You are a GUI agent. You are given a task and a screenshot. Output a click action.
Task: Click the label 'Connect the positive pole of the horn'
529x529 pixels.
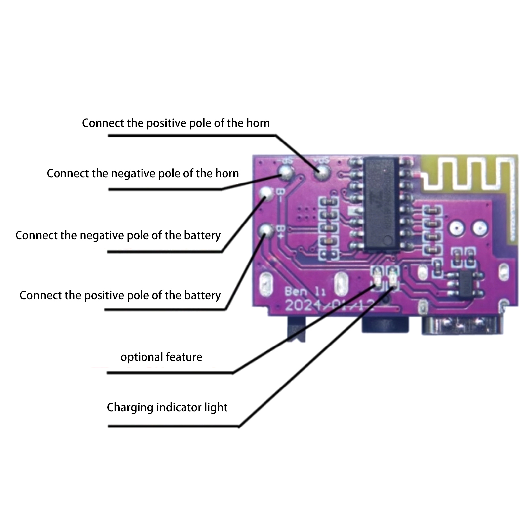[x=176, y=123]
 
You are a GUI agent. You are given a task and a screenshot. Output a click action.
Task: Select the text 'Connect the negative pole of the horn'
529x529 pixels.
[x=142, y=173]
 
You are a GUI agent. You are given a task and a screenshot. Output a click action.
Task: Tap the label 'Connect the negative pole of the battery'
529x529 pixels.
[x=118, y=235]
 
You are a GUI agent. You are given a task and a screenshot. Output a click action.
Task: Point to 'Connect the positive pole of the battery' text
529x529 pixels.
[x=120, y=295]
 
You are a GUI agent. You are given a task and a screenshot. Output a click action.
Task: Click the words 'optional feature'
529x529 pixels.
[x=161, y=357]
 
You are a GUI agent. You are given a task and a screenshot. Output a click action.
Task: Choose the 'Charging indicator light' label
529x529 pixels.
[x=167, y=407]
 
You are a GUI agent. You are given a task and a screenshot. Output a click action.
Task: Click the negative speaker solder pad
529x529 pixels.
[x=286, y=171]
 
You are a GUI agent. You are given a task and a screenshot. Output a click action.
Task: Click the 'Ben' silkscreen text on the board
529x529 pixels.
[x=296, y=292]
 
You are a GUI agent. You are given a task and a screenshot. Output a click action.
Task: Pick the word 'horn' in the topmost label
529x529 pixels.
[x=258, y=123]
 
